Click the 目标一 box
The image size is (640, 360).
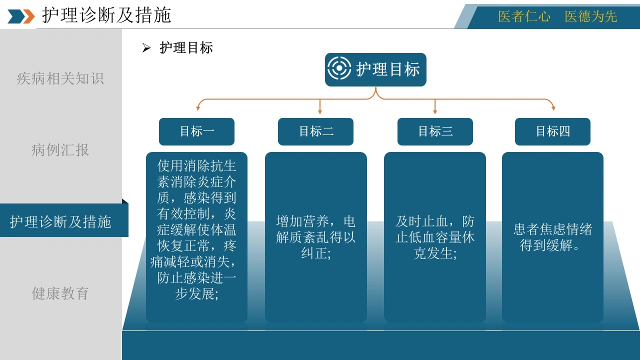[x=196, y=131]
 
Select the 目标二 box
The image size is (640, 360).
[x=315, y=131]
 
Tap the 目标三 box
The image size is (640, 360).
[x=435, y=131]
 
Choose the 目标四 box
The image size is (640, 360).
[x=552, y=131]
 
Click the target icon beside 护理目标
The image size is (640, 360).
[x=339, y=68]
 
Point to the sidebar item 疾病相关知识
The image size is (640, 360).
[x=60, y=78]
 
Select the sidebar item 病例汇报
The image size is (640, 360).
[x=60, y=150]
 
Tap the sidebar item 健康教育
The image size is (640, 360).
[x=60, y=293]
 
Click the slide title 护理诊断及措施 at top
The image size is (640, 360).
[x=106, y=15]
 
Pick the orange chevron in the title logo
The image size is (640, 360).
[x=29, y=16]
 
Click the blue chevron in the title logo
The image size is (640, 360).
[x=16, y=16]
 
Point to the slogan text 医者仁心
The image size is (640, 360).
[x=524, y=16]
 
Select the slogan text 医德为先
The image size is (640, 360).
[x=591, y=16]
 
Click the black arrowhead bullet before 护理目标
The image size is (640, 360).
[x=146, y=47]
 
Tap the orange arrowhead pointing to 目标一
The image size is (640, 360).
[x=197, y=108]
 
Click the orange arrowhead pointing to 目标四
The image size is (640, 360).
[x=553, y=108]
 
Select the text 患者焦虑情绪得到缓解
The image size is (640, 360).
[x=552, y=237]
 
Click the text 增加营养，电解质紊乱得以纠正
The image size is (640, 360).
[x=315, y=237]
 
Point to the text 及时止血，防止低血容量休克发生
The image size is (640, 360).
[x=435, y=237]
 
